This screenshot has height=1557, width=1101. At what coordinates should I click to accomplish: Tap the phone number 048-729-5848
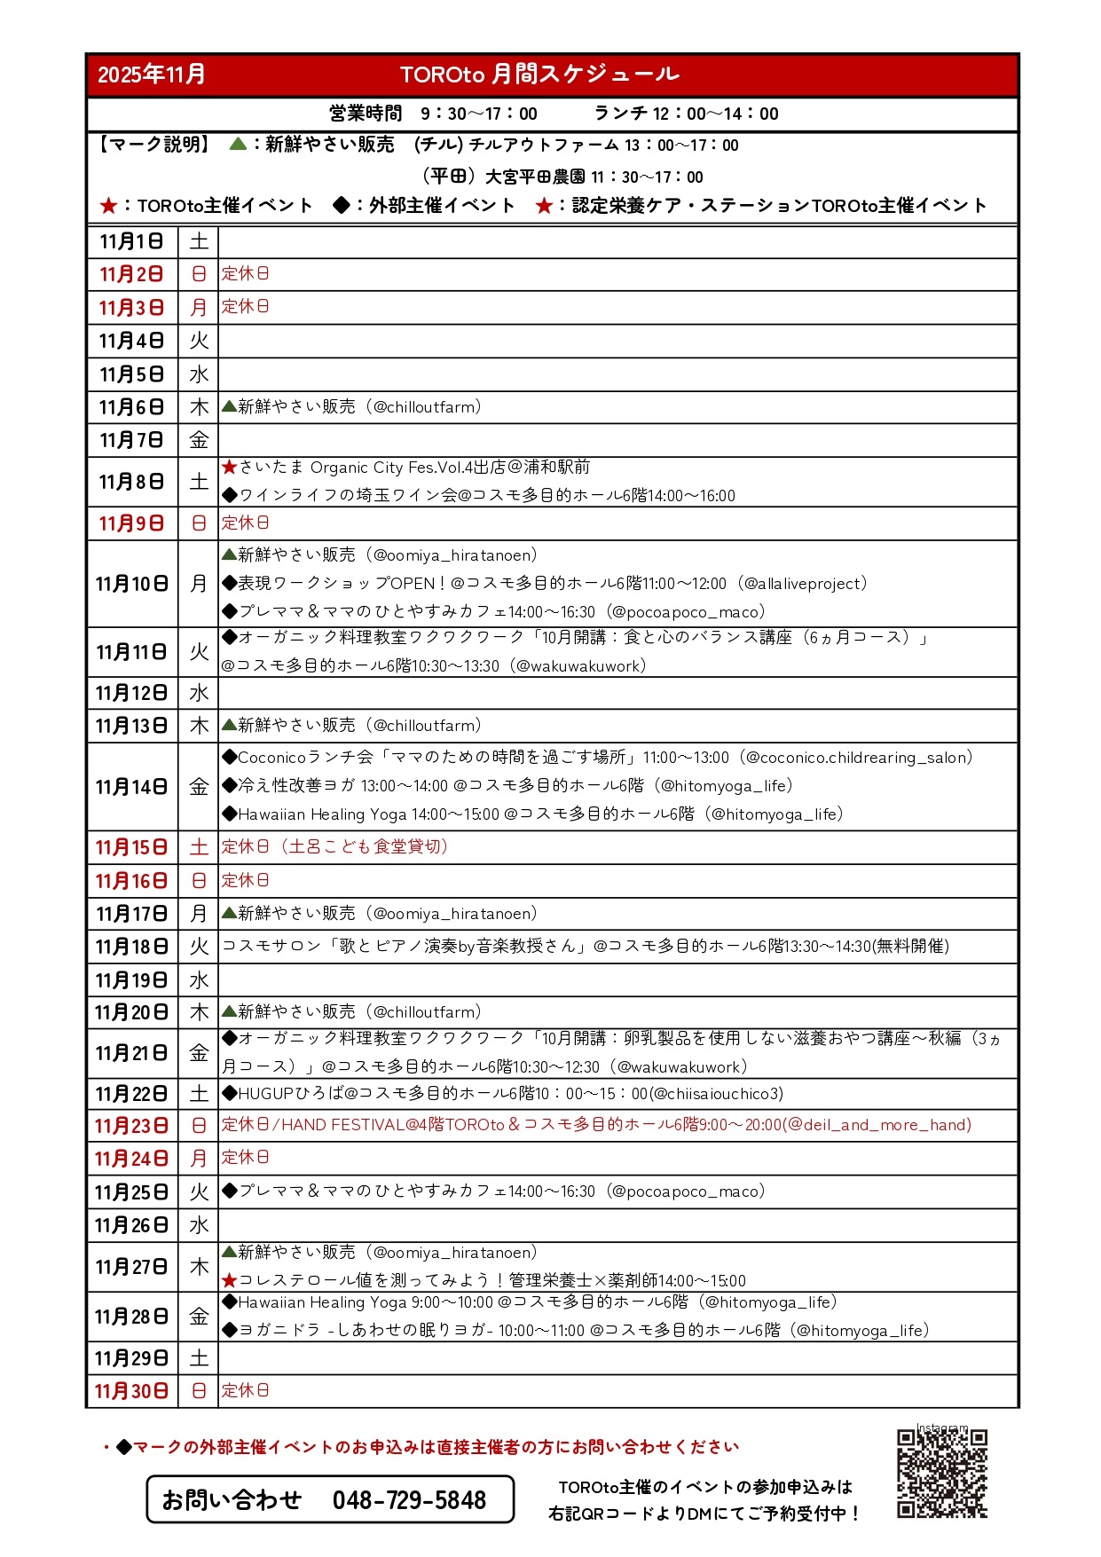coord(409,1500)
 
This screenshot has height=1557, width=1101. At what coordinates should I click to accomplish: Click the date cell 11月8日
coord(131,482)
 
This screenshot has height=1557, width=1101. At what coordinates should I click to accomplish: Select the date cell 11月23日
coord(131,1126)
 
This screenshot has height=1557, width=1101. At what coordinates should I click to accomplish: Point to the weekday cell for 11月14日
coord(199,787)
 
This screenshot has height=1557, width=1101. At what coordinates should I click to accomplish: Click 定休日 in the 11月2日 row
coord(245,274)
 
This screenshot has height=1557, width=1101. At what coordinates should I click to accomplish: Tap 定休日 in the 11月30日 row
coord(245,1390)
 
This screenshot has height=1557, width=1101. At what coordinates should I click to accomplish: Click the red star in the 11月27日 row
coord(230,1280)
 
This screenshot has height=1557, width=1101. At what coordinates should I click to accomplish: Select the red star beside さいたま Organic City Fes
coord(230,468)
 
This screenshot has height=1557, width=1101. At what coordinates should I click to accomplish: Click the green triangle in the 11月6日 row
coord(229,406)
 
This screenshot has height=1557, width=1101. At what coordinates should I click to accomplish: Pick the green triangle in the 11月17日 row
coord(229,913)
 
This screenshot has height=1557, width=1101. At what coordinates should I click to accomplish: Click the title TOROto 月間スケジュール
coord(539,75)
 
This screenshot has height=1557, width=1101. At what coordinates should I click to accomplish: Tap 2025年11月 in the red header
coord(152,75)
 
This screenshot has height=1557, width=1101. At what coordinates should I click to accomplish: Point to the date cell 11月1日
coord(131,241)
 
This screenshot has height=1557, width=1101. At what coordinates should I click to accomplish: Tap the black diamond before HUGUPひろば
coord(230,1094)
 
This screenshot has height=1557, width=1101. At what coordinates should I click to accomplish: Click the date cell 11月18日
coord(131,947)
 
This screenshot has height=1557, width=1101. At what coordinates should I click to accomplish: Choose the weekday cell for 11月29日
coord(199,1358)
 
